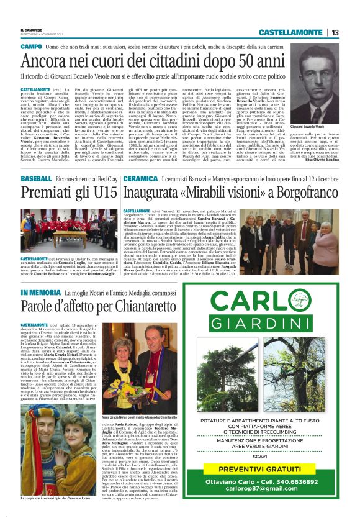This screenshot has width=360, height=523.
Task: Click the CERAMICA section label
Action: [x=141, y=178]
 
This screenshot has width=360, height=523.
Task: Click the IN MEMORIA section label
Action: [x=42, y=292]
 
